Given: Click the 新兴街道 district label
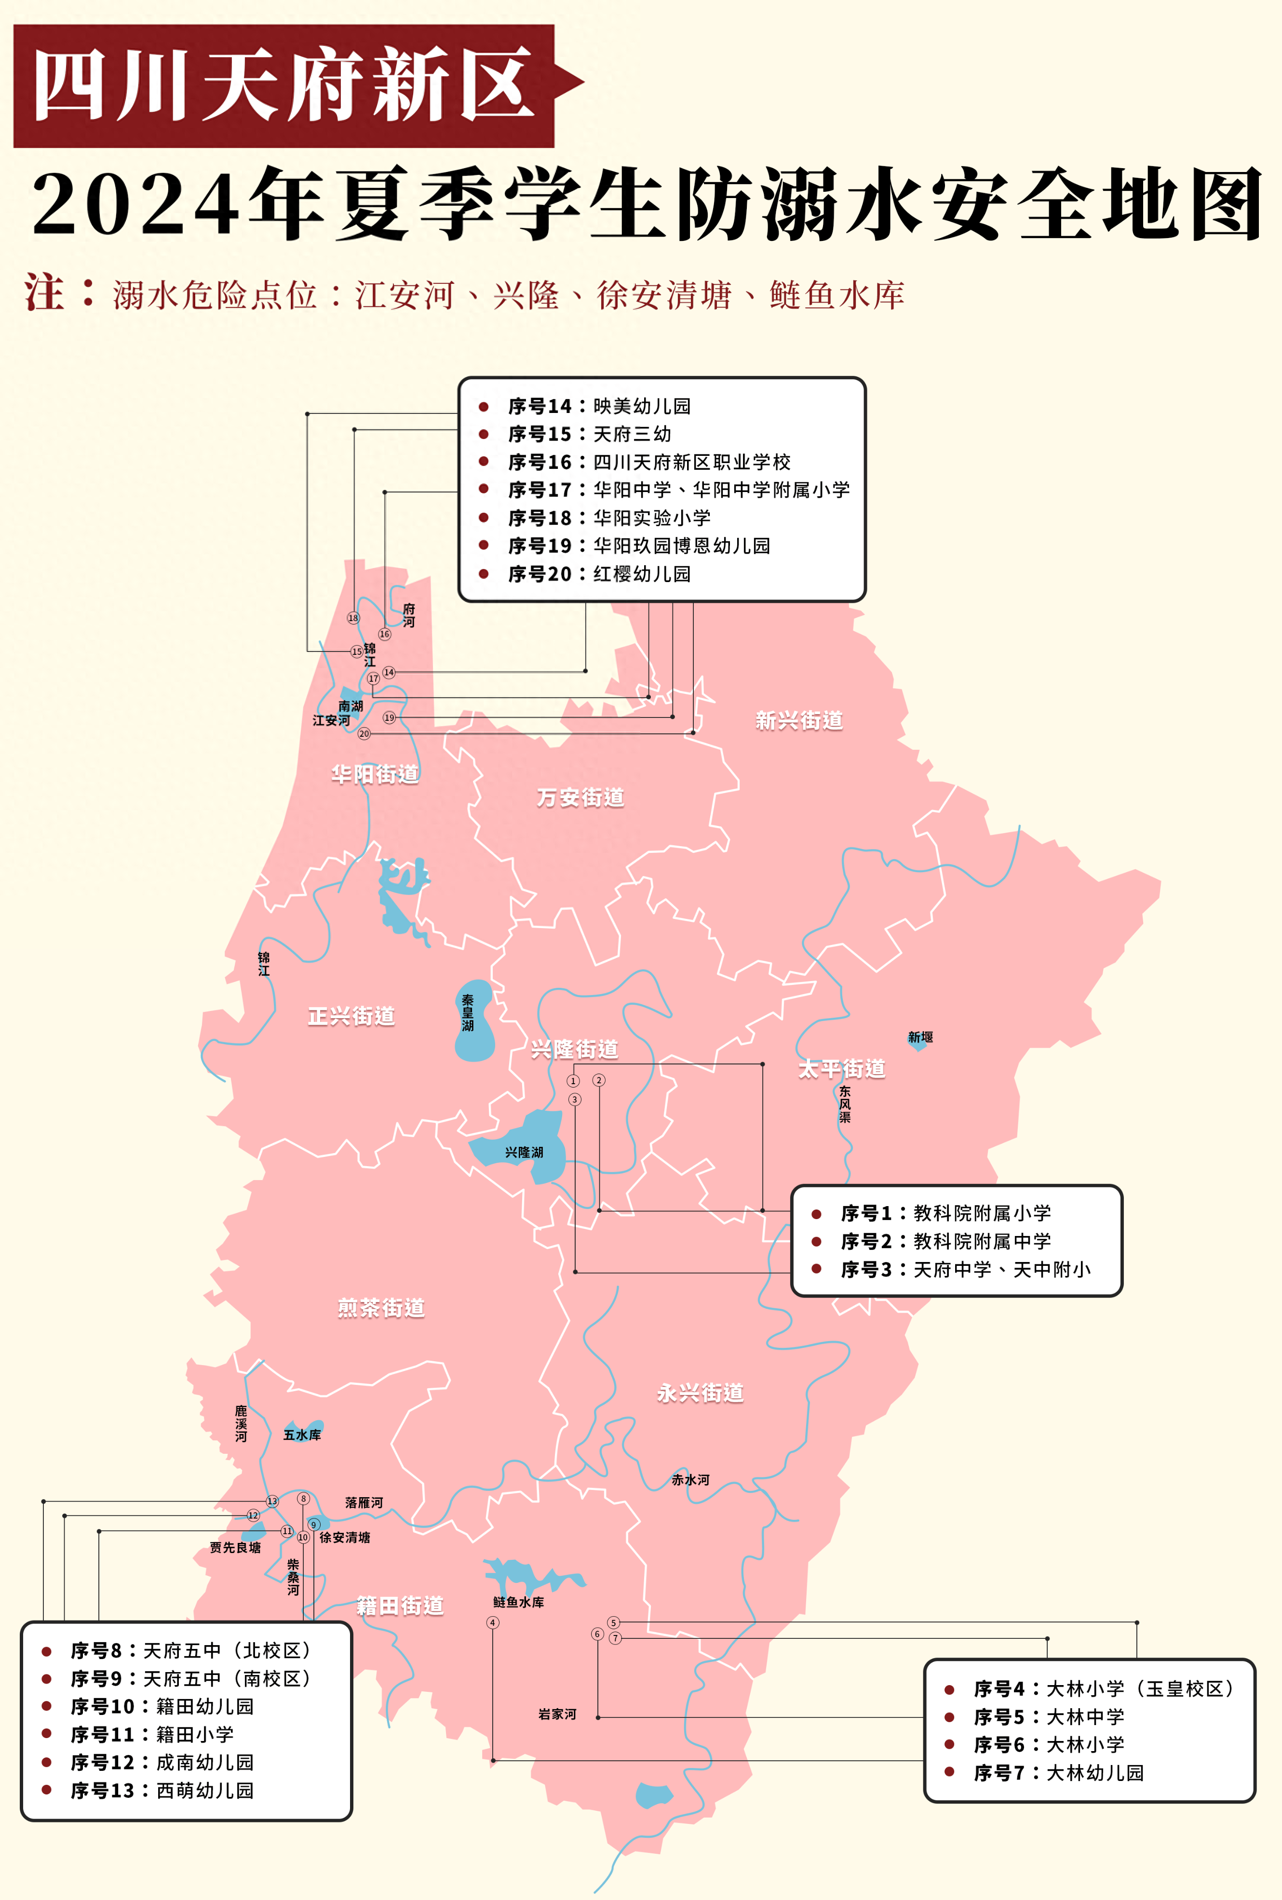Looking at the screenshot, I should tap(799, 720).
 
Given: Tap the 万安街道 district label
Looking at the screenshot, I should tap(580, 797).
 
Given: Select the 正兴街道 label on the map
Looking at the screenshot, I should tap(351, 1016).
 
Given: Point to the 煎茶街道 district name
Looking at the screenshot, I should tap(381, 1307).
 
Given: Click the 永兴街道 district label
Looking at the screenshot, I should tap(700, 1393).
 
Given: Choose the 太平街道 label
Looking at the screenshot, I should tap(841, 1068).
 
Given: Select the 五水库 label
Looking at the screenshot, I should tap(302, 1434).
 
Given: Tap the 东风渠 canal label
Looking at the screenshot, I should tap(845, 1104).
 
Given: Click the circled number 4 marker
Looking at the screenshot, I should tap(492, 1622).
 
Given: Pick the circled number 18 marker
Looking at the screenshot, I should tap(353, 618).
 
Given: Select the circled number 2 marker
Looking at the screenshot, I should tap(598, 1080).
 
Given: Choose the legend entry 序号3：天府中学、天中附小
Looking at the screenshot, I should tap(965, 1269).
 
